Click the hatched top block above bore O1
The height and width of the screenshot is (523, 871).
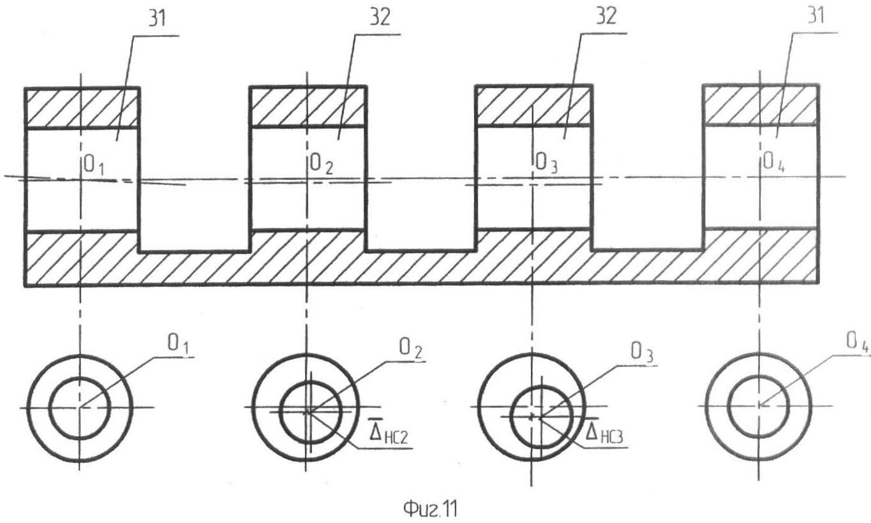coord(82,107)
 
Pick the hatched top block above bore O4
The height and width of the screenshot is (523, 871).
coord(760,104)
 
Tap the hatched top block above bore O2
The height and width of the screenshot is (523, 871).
coord(308,107)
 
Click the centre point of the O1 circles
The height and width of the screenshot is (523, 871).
coord(80,408)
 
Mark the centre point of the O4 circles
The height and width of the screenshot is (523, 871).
coord(759,405)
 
